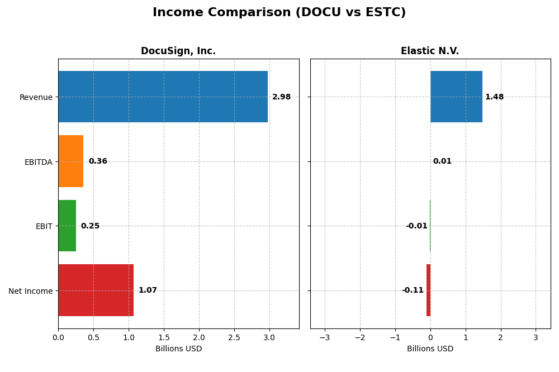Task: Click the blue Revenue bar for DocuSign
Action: pos(163,97)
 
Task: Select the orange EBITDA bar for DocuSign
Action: pos(71,161)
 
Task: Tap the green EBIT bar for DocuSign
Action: pos(67,226)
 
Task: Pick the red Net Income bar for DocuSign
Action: pos(96,290)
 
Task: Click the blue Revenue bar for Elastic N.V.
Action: pos(456,97)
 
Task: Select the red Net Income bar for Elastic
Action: pos(428,290)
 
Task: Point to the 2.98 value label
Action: pos(281,97)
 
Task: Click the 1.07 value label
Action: pos(148,290)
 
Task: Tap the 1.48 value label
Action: pos(494,97)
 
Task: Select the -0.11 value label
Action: pos(413,290)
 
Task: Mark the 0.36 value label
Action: pos(98,161)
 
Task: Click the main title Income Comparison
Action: pos(279,13)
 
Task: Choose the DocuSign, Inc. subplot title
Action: pos(178,51)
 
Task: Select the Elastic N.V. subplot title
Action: pos(430,51)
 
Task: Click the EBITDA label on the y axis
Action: pos(39,162)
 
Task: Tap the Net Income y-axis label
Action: pos(31,291)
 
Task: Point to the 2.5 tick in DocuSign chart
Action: pos(234,337)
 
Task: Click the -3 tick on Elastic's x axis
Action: pos(324,337)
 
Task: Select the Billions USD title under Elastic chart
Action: pos(430,349)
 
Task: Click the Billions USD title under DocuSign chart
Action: pos(178,349)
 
